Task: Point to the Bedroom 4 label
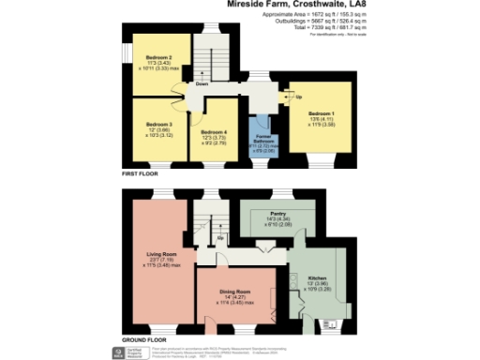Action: tap(215, 131)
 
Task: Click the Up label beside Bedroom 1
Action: tap(298, 97)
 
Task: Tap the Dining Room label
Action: tap(234, 292)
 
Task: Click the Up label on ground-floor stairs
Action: tap(219, 237)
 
